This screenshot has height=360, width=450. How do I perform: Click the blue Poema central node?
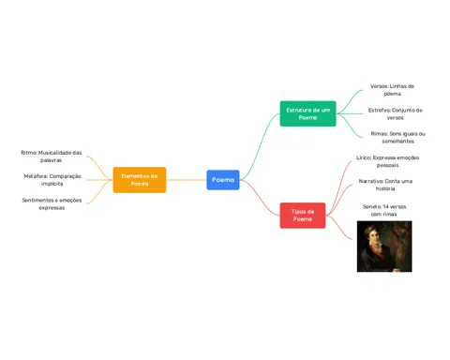coord(223,180)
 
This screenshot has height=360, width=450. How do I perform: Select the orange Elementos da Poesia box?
coord(140,180)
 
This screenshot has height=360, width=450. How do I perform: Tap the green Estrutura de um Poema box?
coord(307,113)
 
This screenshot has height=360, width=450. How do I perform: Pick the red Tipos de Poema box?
coord(303,216)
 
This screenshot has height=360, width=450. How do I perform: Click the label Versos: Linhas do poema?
coord(392,90)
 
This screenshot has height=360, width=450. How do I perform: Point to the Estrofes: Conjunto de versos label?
coord(396,114)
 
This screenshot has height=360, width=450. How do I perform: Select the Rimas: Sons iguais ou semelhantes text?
coord(397,138)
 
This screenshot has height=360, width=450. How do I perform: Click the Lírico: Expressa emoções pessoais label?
coord(387,161)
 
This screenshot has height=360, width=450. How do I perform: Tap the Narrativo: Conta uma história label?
coord(385,185)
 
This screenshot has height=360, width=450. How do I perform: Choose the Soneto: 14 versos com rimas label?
coord(384,210)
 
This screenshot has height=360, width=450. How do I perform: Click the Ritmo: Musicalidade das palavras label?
coord(52,157)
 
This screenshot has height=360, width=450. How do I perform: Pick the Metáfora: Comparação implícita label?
coord(52,180)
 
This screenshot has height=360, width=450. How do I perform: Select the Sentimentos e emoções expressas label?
coord(52,203)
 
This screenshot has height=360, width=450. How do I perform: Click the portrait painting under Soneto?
coord(384,247)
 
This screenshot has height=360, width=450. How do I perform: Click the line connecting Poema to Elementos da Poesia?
coord(187,180)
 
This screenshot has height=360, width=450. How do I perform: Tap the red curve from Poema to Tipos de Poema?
coord(260,198)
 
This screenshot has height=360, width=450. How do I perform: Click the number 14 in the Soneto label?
coord(386,206)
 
